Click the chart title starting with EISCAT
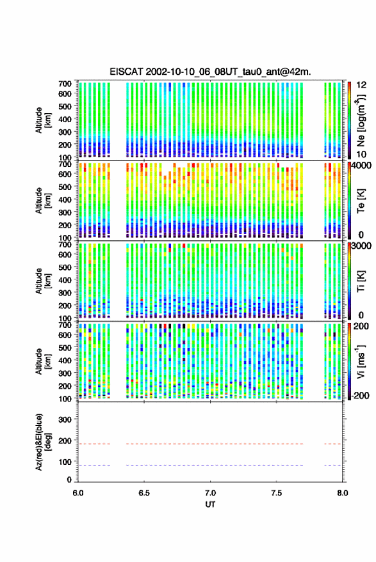coord(211,72)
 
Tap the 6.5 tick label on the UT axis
coord(144,493)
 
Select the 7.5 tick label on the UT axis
coord(277,493)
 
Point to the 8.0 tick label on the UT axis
coord(343,493)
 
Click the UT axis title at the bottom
coord(211,504)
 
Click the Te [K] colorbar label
coord(361,201)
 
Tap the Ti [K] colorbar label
coord(361,281)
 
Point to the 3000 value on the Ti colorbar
coord(361,246)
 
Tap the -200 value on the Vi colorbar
coord(360,396)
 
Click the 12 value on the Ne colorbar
coord(361,85)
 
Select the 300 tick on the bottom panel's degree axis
coord(65,419)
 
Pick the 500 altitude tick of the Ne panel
coord(65,106)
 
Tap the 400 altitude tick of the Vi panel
coord(65,360)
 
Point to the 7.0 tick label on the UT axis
coord(211,493)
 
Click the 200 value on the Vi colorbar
coord(361,326)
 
